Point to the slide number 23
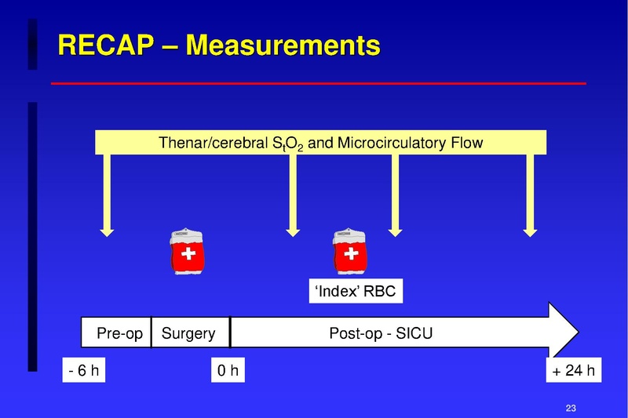click(571, 407)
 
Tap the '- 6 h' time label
click(83, 370)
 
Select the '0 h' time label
click(228, 370)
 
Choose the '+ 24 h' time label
click(573, 370)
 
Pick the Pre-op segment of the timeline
click(119, 333)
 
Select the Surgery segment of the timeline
click(188, 333)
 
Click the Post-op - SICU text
click(381, 333)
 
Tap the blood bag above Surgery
click(188, 253)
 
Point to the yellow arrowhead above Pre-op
click(108, 231)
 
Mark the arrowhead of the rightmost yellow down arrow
click(530, 231)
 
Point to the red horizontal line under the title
click(318, 83)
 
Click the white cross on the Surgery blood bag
click(188, 256)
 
